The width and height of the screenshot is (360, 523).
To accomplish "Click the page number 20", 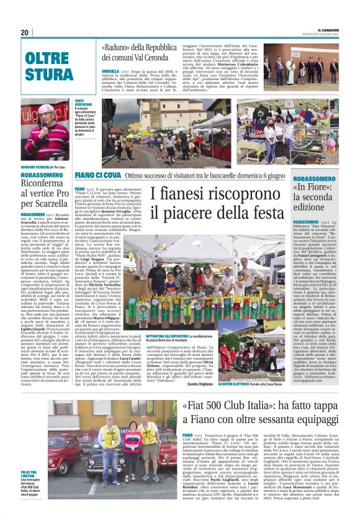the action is pyautogui.click(x=24, y=32).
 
